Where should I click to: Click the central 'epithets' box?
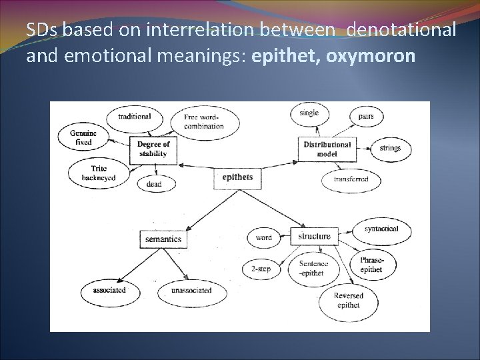point(237,177)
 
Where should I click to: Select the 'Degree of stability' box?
point(154,149)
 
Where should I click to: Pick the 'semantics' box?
point(162,239)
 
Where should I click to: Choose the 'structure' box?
point(314,236)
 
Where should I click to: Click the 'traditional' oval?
point(134,117)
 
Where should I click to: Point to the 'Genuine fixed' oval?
point(84,137)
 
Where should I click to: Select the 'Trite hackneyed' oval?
point(95,173)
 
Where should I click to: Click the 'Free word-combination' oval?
point(204,122)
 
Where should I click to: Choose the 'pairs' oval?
point(366,116)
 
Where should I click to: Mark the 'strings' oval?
point(390,149)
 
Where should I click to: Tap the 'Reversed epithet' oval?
point(348,301)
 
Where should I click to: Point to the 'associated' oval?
point(109,290)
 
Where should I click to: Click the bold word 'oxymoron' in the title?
point(373,56)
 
